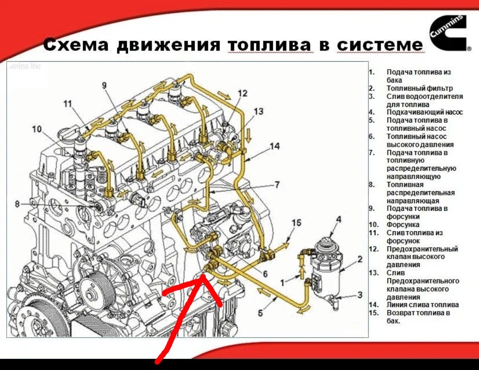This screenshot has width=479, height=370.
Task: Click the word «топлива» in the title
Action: coord(270,45)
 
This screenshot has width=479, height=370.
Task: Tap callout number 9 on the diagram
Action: coord(105,85)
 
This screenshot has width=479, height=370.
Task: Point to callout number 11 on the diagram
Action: coord(67,104)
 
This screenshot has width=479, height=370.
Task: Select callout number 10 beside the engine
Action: coord(37,129)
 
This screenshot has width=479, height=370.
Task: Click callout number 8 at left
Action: coord(17,204)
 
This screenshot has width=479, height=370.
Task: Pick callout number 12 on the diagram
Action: coord(242,93)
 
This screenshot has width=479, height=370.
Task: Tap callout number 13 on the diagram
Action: coord(258,111)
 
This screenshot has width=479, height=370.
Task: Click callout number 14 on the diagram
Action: coord(275,146)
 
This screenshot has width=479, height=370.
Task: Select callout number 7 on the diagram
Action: coord(278,184)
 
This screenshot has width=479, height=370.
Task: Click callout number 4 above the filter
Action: coord(338,219)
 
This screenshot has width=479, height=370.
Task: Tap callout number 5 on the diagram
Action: coord(261,312)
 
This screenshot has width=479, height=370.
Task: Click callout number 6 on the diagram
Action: coord(265,274)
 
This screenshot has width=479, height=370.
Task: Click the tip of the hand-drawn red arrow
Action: coord(203,276)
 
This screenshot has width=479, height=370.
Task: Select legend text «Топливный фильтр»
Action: coord(419,88)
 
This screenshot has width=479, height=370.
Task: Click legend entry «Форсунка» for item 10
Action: coord(402,224)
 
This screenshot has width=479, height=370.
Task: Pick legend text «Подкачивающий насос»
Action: coord(424,112)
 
